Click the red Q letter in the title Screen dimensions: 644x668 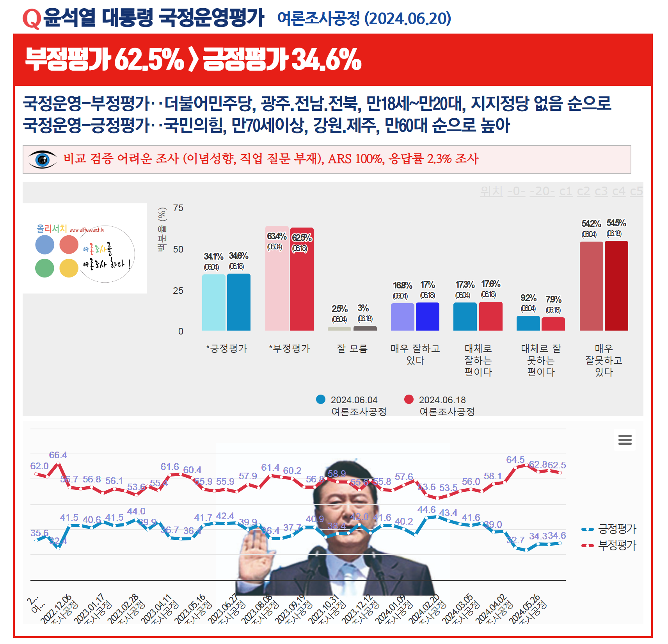tap(32, 19)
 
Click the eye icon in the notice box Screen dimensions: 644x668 tap(43, 159)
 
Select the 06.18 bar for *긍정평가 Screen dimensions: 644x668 tap(239, 302)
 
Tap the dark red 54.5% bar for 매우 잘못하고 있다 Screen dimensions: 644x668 tap(616, 286)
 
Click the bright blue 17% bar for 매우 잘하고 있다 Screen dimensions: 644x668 tap(428, 317)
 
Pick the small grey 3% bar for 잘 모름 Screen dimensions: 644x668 tap(365, 328)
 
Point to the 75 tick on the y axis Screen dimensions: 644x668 tap(178, 208)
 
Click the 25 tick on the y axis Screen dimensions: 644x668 tap(178, 291)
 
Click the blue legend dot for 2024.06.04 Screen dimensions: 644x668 tap(321, 399)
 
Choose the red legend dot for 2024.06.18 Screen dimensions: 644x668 tap(409, 399)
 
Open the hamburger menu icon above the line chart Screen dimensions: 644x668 tap(625, 440)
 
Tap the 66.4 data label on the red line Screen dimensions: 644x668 tap(58, 455)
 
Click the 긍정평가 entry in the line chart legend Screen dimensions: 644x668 tap(616, 529)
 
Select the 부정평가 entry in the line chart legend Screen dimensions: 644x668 tap(616, 545)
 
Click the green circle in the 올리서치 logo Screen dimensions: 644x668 tap(44, 269)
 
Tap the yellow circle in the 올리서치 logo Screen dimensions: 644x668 tap(69, 269)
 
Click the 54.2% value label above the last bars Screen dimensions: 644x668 tap(591, 224)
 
